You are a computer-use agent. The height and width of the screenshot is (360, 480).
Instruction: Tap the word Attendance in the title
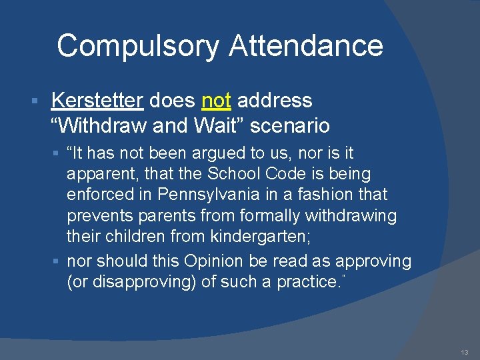click(306, 46)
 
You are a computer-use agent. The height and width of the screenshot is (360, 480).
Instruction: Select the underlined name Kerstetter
click(97, 101)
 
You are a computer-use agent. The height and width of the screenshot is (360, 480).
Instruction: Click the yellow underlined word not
click(216, 101)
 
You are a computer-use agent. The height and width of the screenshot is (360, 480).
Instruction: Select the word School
click(232, 174)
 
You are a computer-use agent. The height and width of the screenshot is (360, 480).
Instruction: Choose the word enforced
click(97, 195)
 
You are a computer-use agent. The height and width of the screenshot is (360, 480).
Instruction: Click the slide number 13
click(464, 352)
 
